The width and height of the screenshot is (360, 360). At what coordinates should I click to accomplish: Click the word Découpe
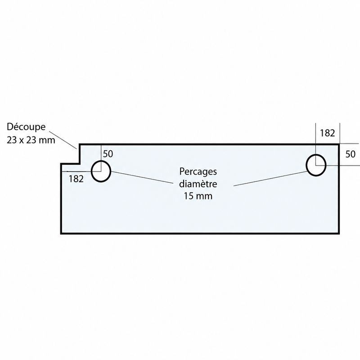(x=26, y=127)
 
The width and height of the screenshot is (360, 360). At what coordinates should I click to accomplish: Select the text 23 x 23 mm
(x=31, y=140)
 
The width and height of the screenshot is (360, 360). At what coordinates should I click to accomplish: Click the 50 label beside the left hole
(x=108, y=154)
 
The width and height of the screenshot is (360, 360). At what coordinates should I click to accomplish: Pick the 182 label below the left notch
(x=76, y=179)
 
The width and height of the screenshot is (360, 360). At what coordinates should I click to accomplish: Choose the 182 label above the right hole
(x=328, y=133)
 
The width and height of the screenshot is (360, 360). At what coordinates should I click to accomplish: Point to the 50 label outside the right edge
(x=351, y=154)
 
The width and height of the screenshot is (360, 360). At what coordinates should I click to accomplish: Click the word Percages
(x=198, y=172)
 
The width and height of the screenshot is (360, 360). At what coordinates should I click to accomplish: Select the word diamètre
(x=198, y=184)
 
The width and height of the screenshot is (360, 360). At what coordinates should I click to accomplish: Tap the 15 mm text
(x=198, y=196)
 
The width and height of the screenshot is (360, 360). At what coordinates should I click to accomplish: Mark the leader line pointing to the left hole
(x=142, y=177)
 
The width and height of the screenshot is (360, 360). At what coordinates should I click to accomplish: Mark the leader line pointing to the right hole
(x=270, y=178)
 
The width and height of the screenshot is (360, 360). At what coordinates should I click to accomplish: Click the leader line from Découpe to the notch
(x=63, y=140)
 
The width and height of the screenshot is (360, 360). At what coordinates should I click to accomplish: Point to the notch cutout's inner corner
(x=80, y=164)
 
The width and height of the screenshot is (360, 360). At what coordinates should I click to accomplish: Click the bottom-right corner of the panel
(x=339, y=233)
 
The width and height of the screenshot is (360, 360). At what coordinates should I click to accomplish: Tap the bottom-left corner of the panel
(x=61, y=233)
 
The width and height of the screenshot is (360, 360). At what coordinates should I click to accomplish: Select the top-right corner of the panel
(x=339, y=144)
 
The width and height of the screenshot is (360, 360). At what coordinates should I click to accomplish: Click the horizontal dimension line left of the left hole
(x=81, y=171)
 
